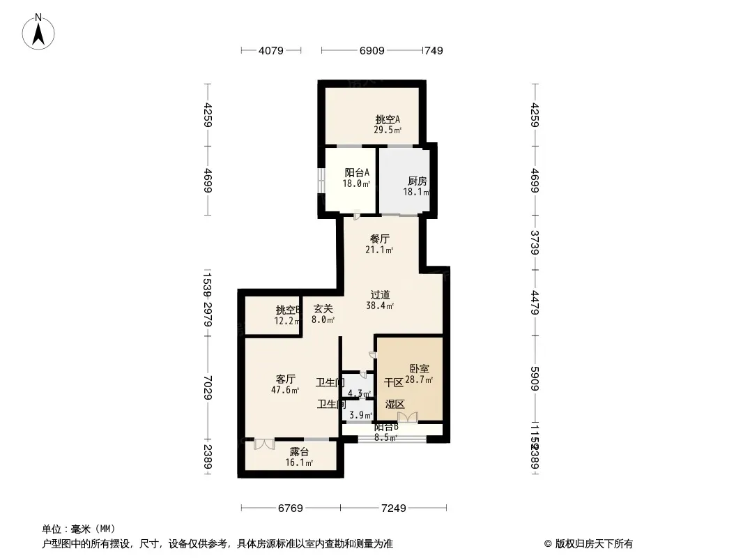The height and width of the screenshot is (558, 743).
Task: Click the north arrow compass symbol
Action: coord(39,31)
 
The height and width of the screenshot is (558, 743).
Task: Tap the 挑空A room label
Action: coord(388,124)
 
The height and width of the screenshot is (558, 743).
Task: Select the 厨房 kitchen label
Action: coord(418,186)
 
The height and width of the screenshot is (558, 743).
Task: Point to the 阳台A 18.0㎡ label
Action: coord(357,178)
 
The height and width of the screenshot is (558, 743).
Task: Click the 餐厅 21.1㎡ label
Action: coord(380,244)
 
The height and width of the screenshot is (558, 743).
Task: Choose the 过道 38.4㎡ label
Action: coord(381,300)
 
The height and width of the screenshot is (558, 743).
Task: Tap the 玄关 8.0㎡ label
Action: coord(323,314)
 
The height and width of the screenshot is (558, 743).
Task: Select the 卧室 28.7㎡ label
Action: coord(419,374)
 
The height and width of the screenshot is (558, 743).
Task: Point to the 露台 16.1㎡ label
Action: coord(299,457)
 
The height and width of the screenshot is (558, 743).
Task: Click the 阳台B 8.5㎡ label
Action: coord(385,432)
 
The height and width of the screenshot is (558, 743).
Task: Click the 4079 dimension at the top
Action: coord(270,51)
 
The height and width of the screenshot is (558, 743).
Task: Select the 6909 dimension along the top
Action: coord(371,51)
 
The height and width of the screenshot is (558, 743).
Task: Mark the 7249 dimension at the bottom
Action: coord(393,508)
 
